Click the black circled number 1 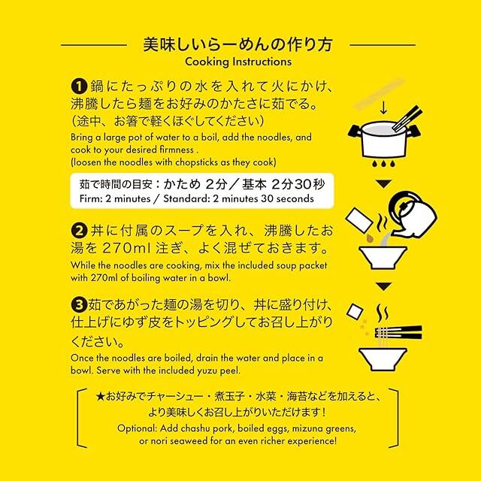point(79,86)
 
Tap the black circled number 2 point(79,231)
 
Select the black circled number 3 point(79,304)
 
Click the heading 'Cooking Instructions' point(238,62)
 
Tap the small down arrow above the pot point(383,108)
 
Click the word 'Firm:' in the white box point(91,198)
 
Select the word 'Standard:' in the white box point(186,198)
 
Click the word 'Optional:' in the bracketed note point(137,428)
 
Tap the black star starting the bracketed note point(100,397)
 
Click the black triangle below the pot point(383,183)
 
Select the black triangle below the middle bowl point(383,286)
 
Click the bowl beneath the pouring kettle point(383,257)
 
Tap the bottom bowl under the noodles point(383,358)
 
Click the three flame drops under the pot point(383,164)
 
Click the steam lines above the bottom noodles point(383,313)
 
